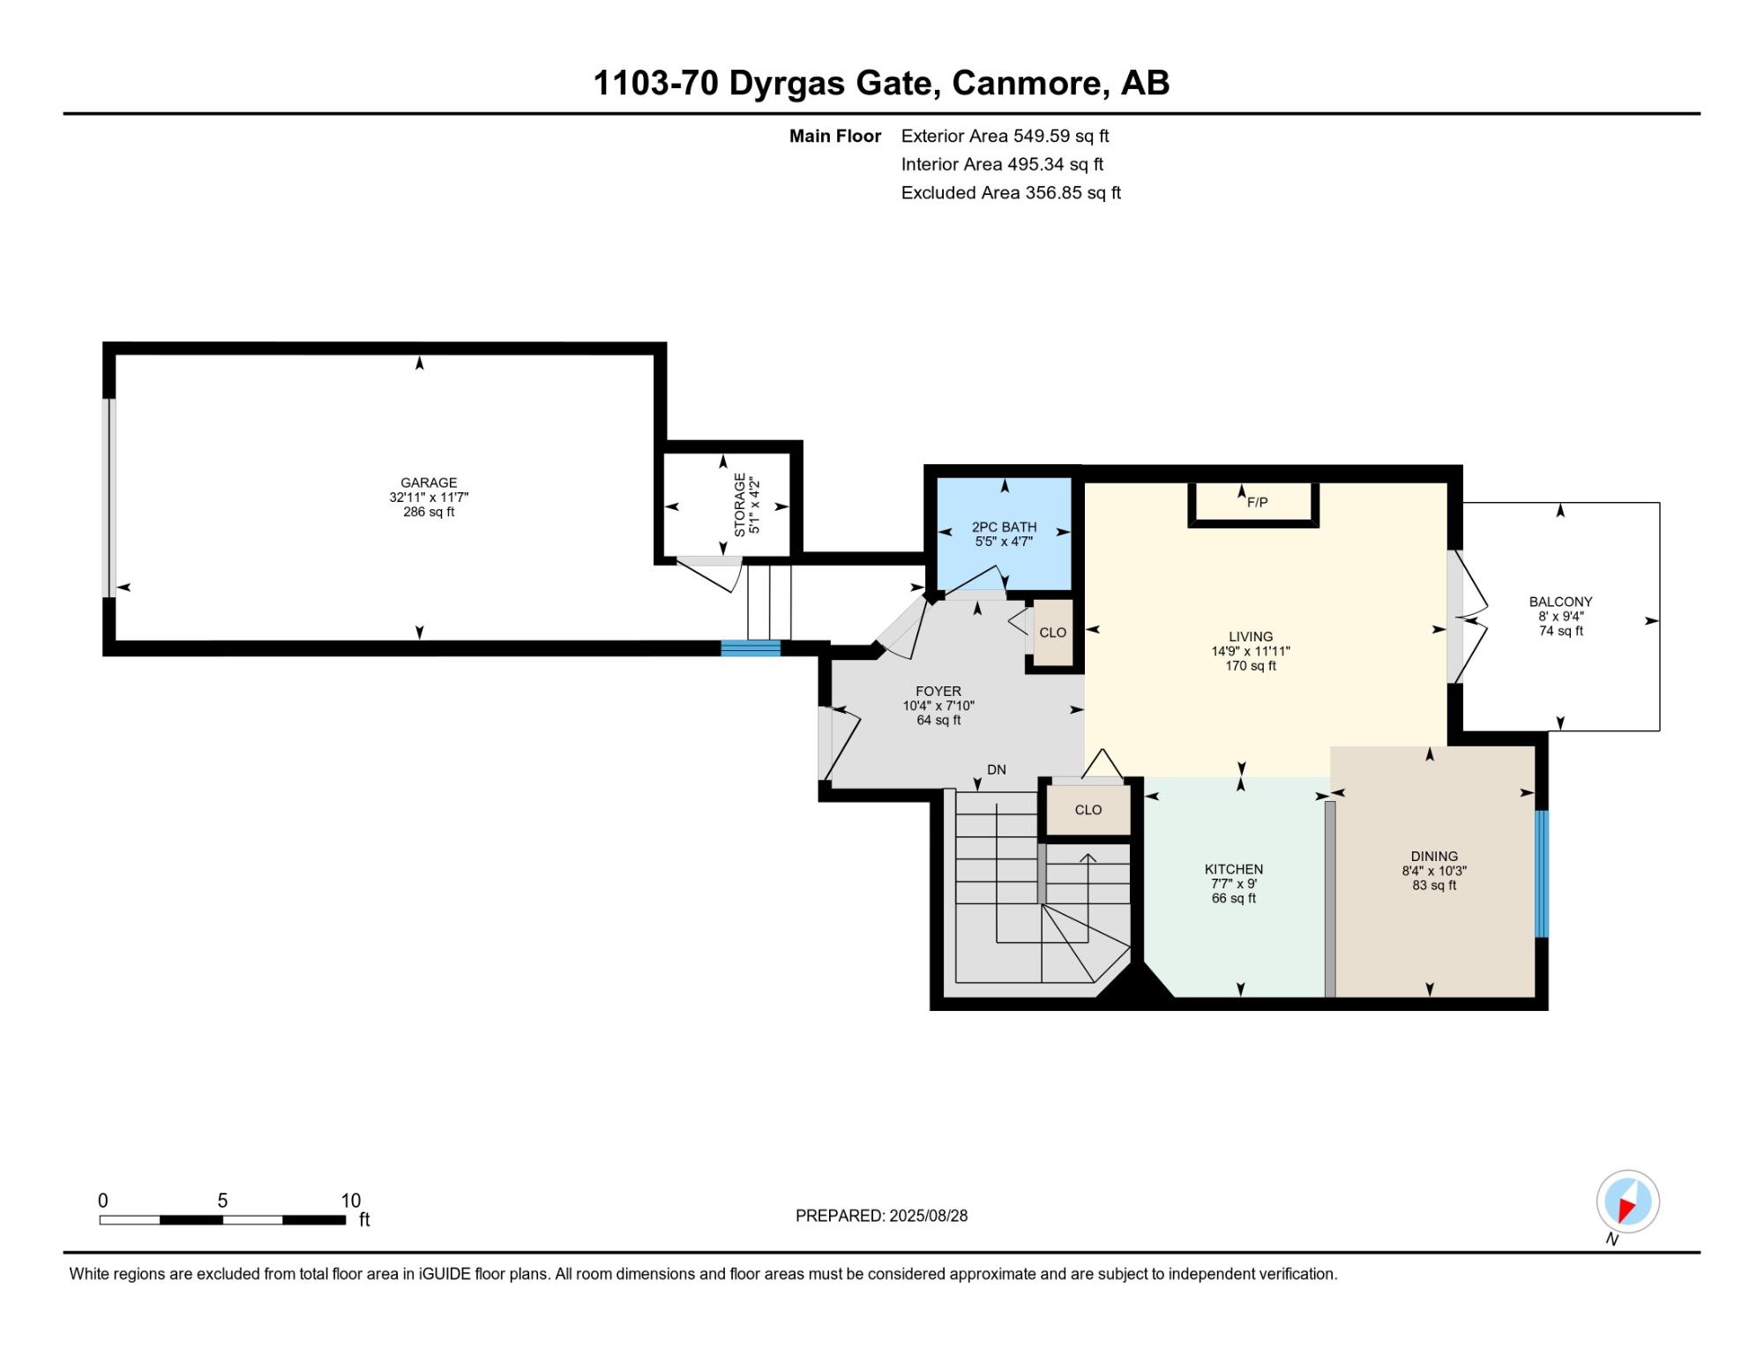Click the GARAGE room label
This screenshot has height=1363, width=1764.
click(429, 483)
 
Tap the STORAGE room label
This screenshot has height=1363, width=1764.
click(740, 505)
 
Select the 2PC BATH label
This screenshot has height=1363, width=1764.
click(1004, 527)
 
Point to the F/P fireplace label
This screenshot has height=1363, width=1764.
click(1258, 502)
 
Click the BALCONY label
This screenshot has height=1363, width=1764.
click(1560, 602)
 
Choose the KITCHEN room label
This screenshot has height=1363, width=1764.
click(1234, 869)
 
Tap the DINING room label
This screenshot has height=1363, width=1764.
click(1434, 856)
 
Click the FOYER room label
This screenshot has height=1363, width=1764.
click(938, 691)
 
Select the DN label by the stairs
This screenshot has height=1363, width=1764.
click(997, 769)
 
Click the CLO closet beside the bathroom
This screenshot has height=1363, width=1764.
click(1053, 633)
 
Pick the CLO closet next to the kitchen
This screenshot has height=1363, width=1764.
click(1088, 810)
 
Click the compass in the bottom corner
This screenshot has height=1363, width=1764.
click(1627, 1202)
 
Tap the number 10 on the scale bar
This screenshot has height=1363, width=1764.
click(351, 1200)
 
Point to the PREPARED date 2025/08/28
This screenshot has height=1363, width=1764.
click(928, 1216)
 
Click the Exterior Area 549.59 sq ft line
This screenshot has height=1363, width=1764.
click(1005, 136)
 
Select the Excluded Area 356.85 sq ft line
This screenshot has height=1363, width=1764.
click(1011, 192)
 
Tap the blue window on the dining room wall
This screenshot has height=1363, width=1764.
click(1542, 873)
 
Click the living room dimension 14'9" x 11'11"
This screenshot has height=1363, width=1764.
click(1251, 651)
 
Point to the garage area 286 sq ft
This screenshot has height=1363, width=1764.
click(429, 512)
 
